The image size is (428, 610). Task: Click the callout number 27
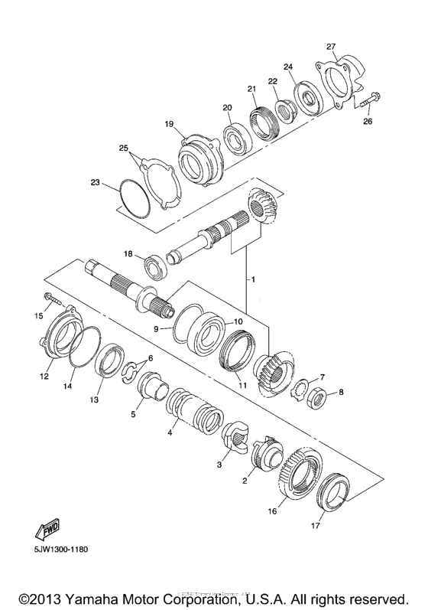pos(331,46)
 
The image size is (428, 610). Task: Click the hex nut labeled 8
pos(320,396)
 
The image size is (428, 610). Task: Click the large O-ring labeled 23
pos(134,195)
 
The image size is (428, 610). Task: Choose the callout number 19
pos(169,123)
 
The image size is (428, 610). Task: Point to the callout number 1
pos(248,280)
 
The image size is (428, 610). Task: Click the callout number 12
pos(44,376)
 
